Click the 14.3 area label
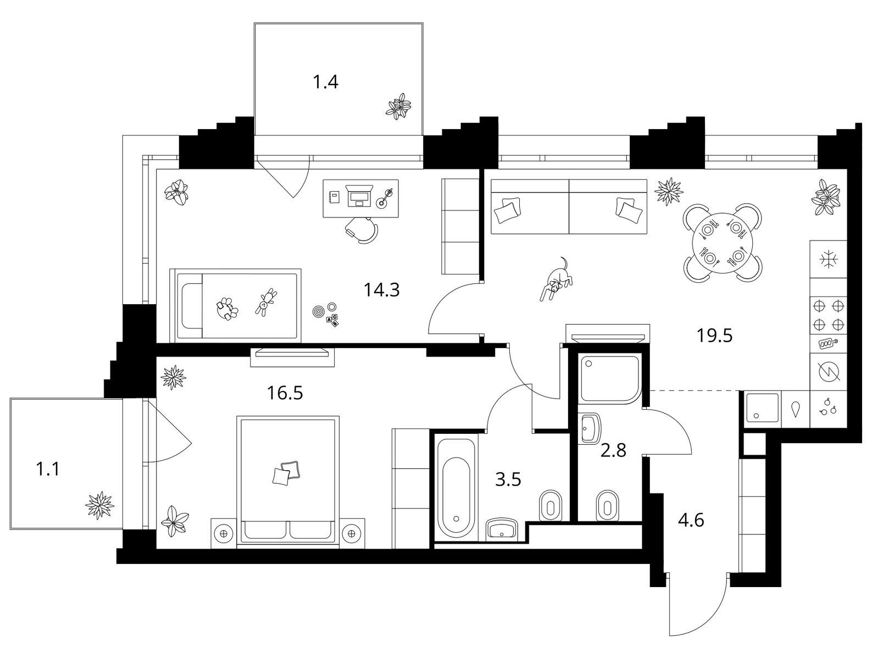[381, 290]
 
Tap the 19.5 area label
[714, 336]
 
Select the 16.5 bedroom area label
[285, 393]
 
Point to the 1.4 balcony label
[325, 82]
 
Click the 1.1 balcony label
[48, 469]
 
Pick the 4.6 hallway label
[691, 520]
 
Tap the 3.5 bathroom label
[508, 479]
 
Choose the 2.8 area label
[613, 450]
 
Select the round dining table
[723, 243]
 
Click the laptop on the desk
[359, 196]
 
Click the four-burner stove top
[828, 316]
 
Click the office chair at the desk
[362, 230]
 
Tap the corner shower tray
[610, 379]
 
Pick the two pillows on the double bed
[286, 472]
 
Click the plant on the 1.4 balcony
[398, 106]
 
